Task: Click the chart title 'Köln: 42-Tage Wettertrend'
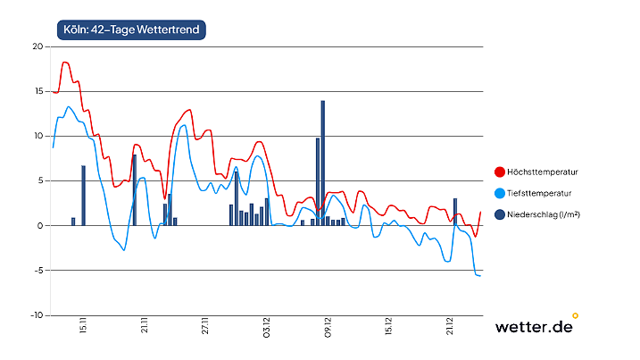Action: (x=130, y=29)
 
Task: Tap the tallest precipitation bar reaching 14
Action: (x=322, y=163)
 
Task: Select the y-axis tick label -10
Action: (x=37, y=315)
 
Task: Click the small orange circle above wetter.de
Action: (x=575, y=314)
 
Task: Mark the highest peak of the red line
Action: (x=65, y=62)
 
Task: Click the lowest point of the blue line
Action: (x=479, y=276)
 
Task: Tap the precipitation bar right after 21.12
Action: (x=455, y=212)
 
